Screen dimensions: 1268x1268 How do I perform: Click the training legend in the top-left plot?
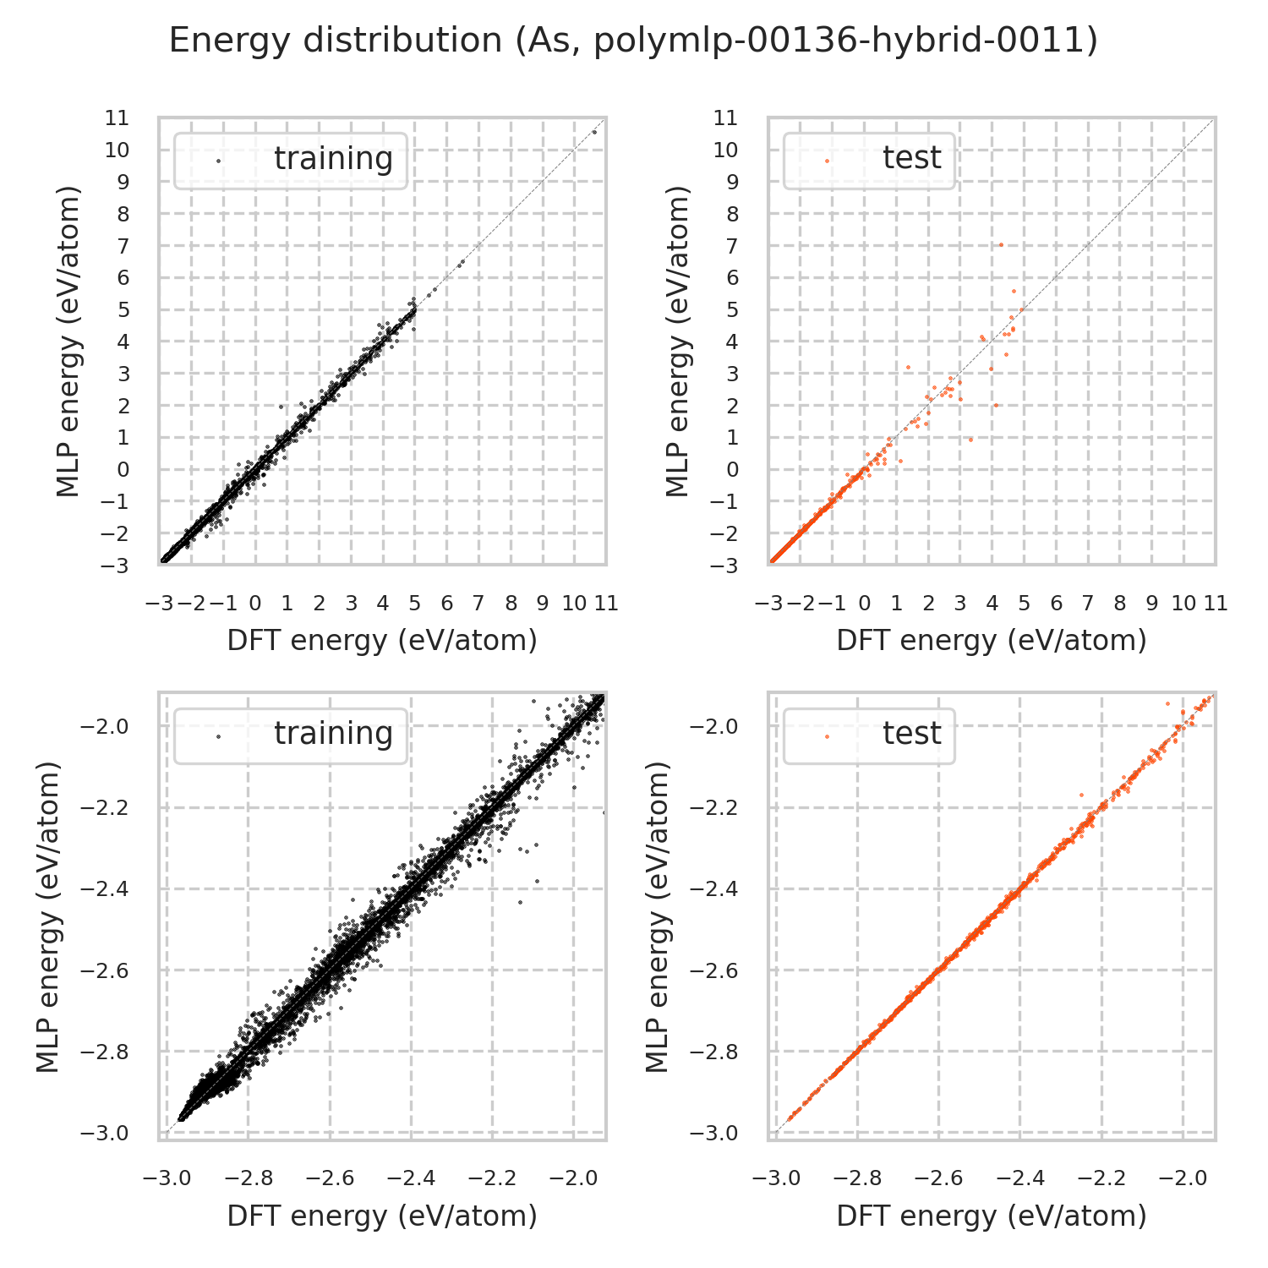pos(290,160)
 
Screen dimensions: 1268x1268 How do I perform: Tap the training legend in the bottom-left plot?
pos(290,735)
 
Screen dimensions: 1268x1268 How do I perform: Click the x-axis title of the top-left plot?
pos(382,641)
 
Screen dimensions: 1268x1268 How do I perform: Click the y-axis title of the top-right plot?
pos(678,341)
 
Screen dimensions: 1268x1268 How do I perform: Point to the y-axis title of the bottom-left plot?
pos(50,916)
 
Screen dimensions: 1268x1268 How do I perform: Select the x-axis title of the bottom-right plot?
pos(992,1216)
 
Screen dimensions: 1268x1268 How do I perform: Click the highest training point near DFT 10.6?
pos(594,132)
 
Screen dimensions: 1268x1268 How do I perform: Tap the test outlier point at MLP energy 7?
pos(1001,245)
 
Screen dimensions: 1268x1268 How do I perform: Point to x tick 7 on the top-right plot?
pos(1088,604)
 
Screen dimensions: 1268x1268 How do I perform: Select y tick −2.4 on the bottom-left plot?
pos(105,889)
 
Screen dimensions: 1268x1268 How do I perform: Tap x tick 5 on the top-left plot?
pos(415,604)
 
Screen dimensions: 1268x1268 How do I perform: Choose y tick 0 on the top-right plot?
pos(733,470)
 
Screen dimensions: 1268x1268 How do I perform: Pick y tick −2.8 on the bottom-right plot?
pos(715,1052)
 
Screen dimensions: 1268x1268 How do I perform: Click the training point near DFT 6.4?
pos(461,263)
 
